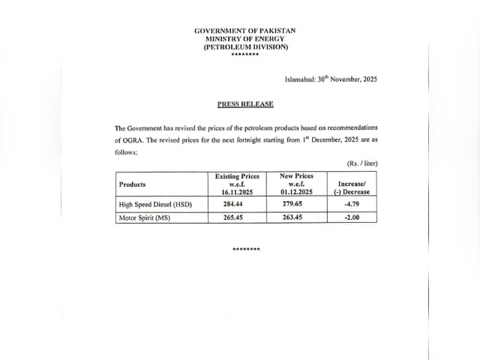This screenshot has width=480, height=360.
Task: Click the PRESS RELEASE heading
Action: [245, 103]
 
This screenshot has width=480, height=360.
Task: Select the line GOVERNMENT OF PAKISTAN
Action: [245, 31]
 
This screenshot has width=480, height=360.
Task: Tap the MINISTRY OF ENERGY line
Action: [245, 39]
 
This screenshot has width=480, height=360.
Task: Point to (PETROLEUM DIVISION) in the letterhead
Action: [245, 47]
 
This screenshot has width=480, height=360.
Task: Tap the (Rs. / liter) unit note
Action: [361, 163]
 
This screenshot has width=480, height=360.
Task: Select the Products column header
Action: [133, 184]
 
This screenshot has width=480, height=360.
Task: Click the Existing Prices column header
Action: [237, 184]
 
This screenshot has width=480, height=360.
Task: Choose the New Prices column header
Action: [296, 184]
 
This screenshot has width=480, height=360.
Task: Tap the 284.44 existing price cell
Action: [237, 203]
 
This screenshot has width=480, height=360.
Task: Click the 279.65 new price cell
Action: [296, 203]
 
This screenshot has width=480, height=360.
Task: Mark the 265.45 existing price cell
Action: [237, 217]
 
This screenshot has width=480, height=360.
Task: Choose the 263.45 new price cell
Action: [296, 217]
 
